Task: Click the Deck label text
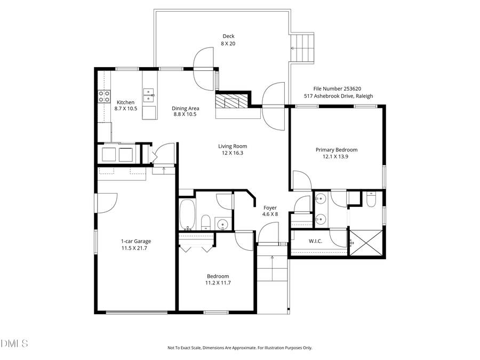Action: pos(228,36)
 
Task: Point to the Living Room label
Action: pos(233,146)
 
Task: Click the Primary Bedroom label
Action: pos(336,150)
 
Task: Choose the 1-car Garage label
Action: pos(134,242)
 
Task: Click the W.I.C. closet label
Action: pos(316,241)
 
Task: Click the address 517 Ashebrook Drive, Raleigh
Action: pos(338,96)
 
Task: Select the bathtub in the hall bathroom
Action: pos(188,215)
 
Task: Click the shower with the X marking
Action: pos(366,243)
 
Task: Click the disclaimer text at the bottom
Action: pos(240,348)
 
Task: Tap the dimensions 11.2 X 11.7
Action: pos(219,283)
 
